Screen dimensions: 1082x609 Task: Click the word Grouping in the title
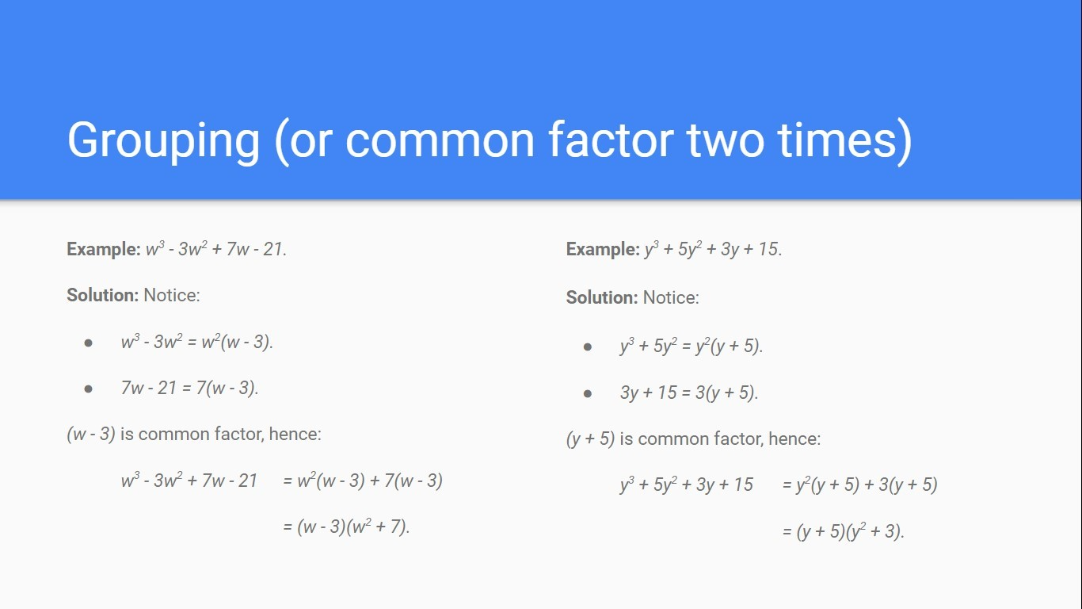click(164, 141)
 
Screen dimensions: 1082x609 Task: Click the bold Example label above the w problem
click(104, 249)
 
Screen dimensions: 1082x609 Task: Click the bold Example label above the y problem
click(603, 249)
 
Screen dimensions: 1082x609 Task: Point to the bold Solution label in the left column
click(102, 295)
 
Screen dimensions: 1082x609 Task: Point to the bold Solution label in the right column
click(602, 297)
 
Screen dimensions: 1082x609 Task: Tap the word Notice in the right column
click(671, 297)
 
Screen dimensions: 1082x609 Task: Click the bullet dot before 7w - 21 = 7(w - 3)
click(89, 389)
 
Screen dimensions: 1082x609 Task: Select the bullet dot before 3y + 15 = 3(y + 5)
click(588, 393)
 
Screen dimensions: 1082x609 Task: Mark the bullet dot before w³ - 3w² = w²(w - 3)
click(89, 343)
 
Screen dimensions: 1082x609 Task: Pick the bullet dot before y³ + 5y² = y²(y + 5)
click(588, 347)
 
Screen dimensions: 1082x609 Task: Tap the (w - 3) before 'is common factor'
click(91, 435)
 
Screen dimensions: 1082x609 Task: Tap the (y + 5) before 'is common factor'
click(590, 439)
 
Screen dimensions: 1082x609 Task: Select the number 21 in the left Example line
click(272, 249)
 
